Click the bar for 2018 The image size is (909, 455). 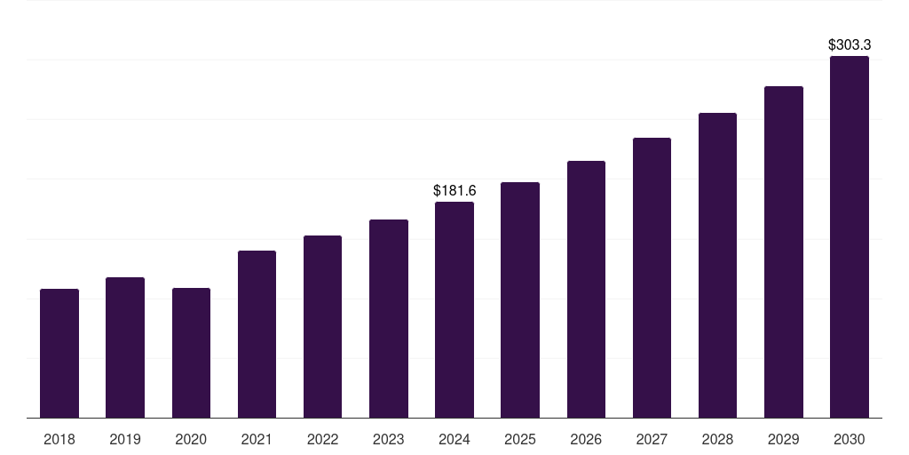59,353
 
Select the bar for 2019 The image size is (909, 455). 125,347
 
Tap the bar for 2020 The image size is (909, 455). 191,353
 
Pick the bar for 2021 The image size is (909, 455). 257,334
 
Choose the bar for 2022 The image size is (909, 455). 322,326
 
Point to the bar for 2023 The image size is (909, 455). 389,318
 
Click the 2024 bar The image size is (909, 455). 454,309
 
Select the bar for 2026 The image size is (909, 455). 586,289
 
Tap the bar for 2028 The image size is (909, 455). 717,265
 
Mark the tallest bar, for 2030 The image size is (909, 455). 850,236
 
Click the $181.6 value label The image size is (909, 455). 454,190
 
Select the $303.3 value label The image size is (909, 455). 850,44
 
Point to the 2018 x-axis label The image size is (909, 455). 59,439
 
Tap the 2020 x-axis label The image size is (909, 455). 191,439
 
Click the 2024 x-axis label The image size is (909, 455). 454,439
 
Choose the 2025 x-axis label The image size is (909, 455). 520,439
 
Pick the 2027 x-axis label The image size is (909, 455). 652,439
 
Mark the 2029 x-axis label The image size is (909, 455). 784,439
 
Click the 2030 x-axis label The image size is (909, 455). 850,439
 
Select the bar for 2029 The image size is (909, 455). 784,251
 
